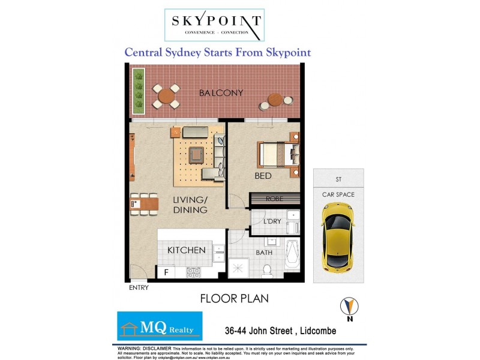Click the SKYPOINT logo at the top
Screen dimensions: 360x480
(x=214, y=25)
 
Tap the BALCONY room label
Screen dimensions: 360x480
(x=221, y=93)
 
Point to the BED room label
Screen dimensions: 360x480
(x=263, y=176)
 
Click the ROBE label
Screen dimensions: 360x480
(x=275, y=198)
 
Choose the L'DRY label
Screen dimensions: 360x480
(x=273, y=221)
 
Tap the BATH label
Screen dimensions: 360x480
(x=264, y=253)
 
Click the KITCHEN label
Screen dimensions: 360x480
(x=187, y=250)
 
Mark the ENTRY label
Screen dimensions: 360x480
(x=139, y=287)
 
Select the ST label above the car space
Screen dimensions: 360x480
(x=338, y=179)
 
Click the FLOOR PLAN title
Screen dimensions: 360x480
(x=233, y=298)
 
